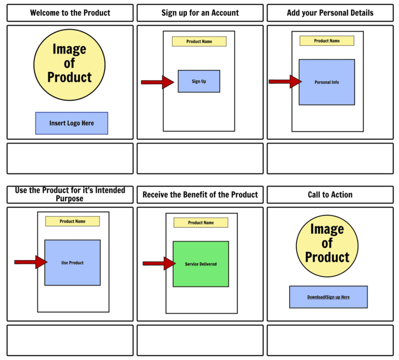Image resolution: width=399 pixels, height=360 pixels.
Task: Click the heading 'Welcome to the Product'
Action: tap(70, 13)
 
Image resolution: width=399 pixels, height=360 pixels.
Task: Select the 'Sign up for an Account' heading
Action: tap(200, 13)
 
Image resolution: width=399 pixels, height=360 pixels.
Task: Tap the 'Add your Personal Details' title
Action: tap(330, 13)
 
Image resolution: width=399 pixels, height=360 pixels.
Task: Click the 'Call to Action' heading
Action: tap(330, 195)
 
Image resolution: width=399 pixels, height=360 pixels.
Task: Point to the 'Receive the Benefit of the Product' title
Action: tap(200, 195)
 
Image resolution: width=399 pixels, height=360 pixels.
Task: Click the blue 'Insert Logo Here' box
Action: tap(72, 123)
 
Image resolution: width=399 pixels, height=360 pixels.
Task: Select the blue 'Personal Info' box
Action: tap(327, 82)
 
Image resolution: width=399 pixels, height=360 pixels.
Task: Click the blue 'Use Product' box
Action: tap(72, 262)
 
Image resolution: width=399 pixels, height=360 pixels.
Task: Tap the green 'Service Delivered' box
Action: tap(201, 264)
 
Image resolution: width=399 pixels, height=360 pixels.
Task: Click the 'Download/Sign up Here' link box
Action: tap(328, 297)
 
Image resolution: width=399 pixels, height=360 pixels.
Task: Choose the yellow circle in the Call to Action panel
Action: tap(327, 243)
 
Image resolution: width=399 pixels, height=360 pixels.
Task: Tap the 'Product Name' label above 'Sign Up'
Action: tap(199, 42)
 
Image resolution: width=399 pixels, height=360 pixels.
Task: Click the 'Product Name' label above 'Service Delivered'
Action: tap(201, 222)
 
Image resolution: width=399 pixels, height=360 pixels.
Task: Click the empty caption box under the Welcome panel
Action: tap(70, 158)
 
